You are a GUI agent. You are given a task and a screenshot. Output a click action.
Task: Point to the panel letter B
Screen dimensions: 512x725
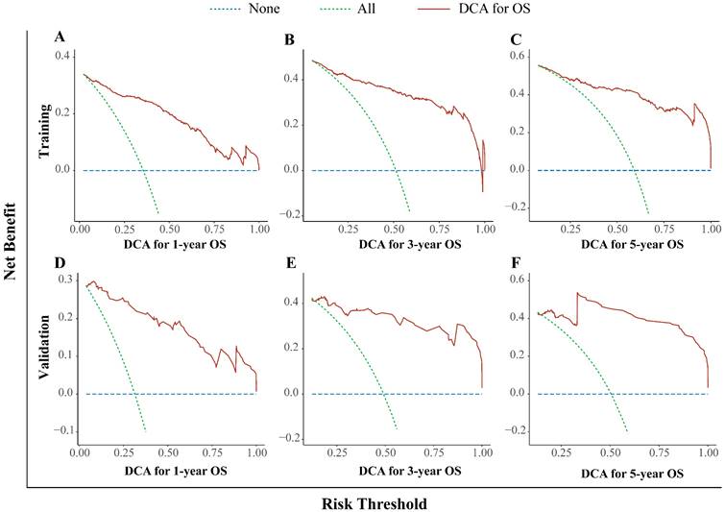[x=289, y=39]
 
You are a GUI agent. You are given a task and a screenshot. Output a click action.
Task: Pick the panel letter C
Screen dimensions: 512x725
[x=518, y=39]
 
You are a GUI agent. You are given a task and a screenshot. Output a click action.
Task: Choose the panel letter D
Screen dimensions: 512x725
[x=60, y=263]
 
